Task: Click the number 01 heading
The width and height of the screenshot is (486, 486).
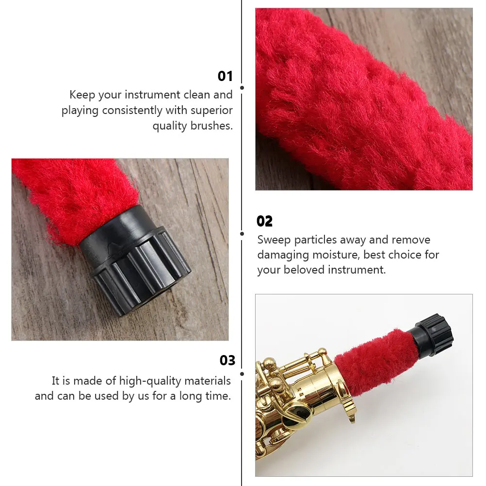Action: (225, 76)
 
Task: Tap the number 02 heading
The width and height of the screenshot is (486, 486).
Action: (264, 222)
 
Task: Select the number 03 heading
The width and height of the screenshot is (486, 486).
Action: (227, 360)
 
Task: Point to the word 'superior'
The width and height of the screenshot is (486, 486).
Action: (211, 111)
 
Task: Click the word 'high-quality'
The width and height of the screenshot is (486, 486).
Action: (149, 381)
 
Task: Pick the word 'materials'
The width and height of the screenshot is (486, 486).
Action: (208, 381)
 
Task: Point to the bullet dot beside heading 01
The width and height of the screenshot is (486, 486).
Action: (242, 88)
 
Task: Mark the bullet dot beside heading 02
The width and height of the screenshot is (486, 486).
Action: (242, 233)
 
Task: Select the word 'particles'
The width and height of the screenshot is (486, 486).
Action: (316, 240)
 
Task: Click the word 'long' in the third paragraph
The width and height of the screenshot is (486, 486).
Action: (191, 396)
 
